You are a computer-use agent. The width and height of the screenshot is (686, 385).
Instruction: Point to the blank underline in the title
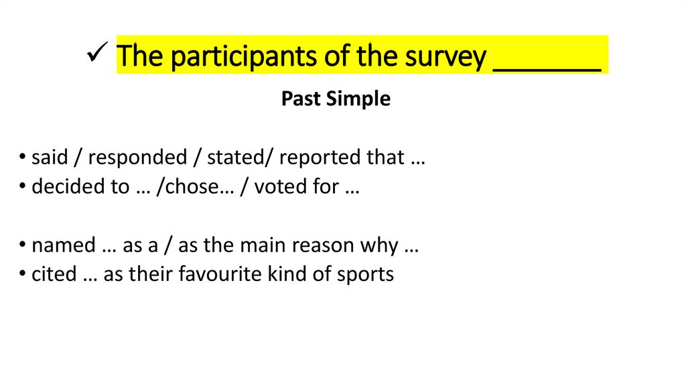(547, 67)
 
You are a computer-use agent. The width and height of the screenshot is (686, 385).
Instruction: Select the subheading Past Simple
(336, 99)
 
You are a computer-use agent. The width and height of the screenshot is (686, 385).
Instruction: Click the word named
(64, 245)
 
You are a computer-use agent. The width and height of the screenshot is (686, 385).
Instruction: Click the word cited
(54, 274)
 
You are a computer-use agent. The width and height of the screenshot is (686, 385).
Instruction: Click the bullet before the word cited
(24, 275)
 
